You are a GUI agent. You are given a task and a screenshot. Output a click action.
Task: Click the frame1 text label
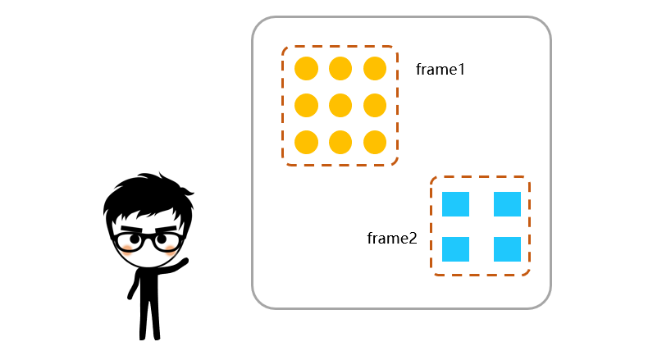(x=440, y=70)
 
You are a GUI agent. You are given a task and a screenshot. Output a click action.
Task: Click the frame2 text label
(x=392, y=239)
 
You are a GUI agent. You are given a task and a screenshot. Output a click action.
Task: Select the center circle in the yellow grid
(x=340, y=106)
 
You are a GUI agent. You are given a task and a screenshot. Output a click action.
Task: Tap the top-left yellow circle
(x=306, y=69)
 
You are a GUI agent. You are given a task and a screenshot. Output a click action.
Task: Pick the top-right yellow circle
(x=375, y=69)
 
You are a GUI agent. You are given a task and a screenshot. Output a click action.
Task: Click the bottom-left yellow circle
(x=306, y=142)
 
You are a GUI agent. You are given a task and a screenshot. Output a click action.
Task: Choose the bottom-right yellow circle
(x=375, y=142)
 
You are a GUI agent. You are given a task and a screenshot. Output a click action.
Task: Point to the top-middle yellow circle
(x=340, y=69)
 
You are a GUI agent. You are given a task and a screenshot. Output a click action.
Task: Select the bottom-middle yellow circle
(x=340, y=142)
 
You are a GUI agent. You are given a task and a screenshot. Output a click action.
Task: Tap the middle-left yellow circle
(x=306, y=106)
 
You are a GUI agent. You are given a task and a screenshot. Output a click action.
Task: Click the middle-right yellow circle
(x=375, y=106)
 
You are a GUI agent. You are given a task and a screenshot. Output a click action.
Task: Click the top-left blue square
(x=455, y=204)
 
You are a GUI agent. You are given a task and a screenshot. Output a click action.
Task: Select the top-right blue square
(x=507, y=204)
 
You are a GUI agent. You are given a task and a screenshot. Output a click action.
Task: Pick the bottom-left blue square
(x=455, y=248)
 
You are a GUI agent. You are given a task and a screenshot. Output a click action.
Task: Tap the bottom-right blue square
(x=507, y=248)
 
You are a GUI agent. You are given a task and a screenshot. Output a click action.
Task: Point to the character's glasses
(x=148, y=241)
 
